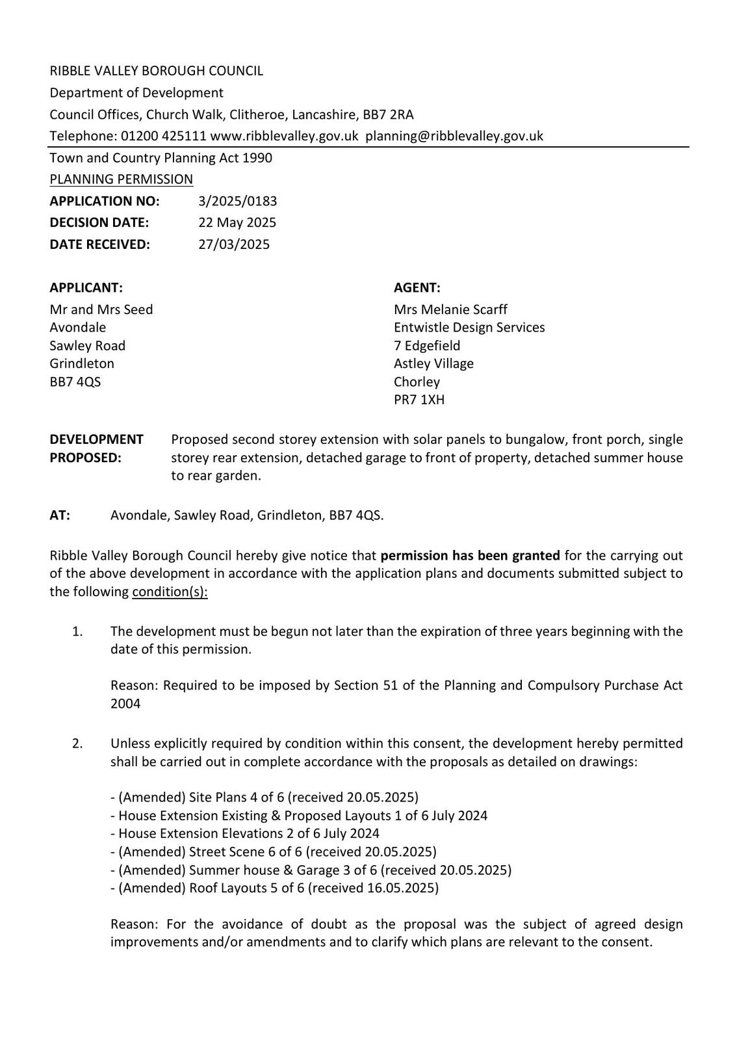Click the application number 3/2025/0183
pyautogui.click(x=237, y=201)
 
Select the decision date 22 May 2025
pyautogui.click(x=237, y=222)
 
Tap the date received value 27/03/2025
pyautogui.click(x=233, y=244)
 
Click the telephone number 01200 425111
pyautogui.click(x=164, y=136)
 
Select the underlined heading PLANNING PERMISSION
pyautogui.click(x=122, y=179)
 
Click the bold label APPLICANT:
pyautogui.click(x=86, y=287)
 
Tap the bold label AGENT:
pyautogui.click(x=417, y=287)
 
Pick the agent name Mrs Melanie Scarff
pyautogui.click(x=450, y=309)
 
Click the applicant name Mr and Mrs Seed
pyautogui.click(x=101, y=309)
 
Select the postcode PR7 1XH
pyautogui.click(x=419, y=400)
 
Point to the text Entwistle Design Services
pyautogui.click(x=469, y=328)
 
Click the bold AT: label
pyautogui.click(x=60, y=515)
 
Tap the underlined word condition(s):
pyautogui.click(x=170, y=592)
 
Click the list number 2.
pyautogui.click(x=77, y=744)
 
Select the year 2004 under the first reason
pyautogui.click(x=125, y=704)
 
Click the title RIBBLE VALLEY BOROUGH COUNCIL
pyautogui.click(x=157, y=71)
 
